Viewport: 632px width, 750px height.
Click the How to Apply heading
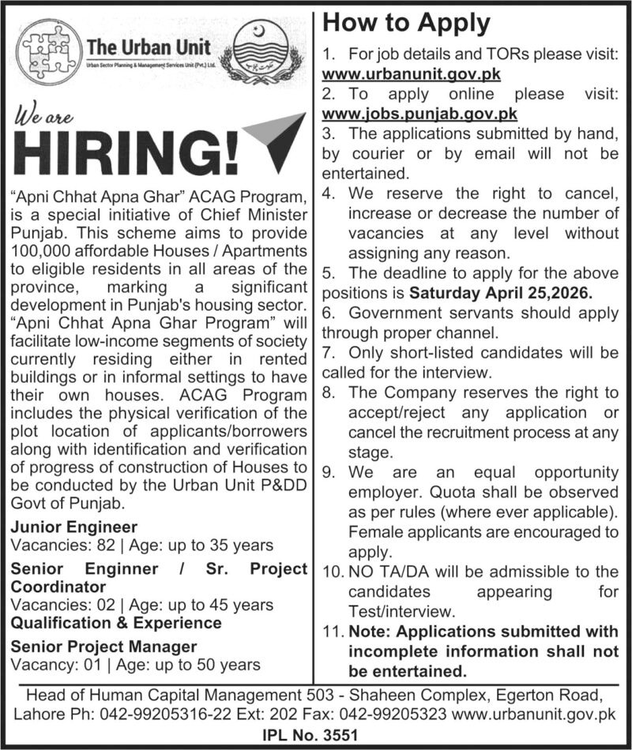(x=407, y=23)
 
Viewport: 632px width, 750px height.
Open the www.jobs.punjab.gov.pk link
(x=419, y=113)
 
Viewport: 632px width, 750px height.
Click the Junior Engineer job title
(x=74, y=527)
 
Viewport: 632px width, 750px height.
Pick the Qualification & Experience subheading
(x=116, y=623)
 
